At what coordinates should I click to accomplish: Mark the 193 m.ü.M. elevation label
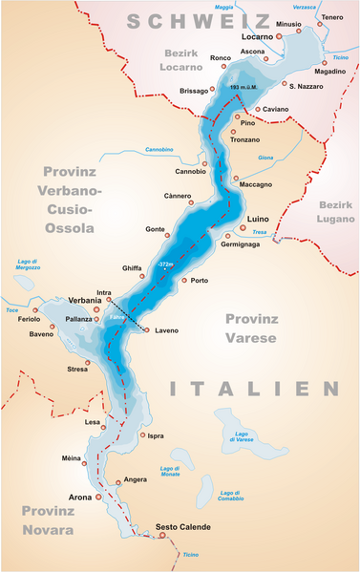click(246, 89)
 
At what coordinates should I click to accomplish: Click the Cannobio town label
click(191, 172)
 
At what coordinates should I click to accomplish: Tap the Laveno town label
click(166, 330)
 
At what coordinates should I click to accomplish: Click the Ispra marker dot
click(142, 435)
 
